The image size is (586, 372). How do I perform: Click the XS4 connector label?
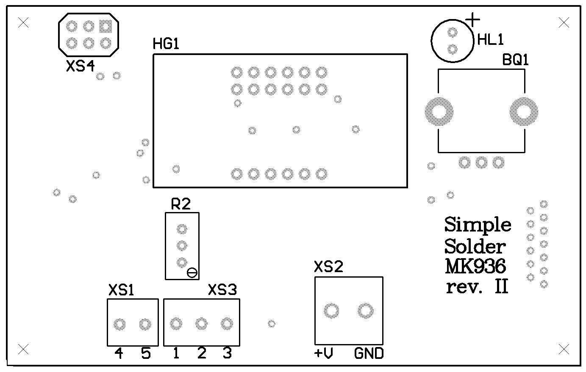point(80,66)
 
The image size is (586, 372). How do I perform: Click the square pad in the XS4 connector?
point(106,27)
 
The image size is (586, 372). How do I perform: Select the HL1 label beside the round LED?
point(490,40)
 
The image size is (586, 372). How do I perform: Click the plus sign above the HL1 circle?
point(472,19)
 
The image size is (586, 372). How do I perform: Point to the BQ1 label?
point(516,60)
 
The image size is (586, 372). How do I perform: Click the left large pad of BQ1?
point(439,112)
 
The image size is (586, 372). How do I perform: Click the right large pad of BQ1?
point(524,112)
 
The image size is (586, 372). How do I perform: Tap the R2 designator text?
point(181,204)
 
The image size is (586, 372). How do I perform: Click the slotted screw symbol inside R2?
point(192,273)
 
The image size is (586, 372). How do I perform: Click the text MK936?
point(475,267)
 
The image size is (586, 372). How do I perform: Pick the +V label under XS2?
point(323,353)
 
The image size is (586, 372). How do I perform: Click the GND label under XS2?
point(369,353)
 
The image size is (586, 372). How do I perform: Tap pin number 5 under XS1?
point(146,353)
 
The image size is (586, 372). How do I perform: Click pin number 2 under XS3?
point(202,353)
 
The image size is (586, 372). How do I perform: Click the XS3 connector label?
point(222,290)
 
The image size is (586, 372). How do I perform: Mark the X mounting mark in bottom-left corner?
point(24,349)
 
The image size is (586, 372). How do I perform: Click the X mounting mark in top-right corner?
point(564,23)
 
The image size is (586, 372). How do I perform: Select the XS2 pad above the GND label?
point(365,311)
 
